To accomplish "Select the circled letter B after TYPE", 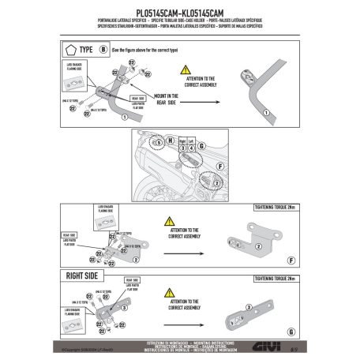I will (103, 50).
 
